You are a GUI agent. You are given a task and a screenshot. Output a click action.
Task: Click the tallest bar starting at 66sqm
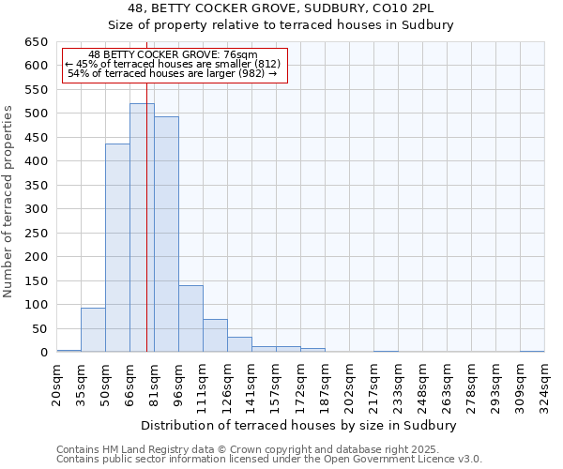[142, 228]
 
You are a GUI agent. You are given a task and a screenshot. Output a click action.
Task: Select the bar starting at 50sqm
[117, 249]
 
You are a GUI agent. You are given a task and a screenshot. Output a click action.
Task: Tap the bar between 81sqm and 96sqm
[166, 234]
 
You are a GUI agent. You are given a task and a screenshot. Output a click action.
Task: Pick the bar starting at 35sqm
[93, 330]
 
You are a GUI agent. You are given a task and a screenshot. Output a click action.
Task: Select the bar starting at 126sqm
[239, 344]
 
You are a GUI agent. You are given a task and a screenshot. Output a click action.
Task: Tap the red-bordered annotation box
[174, 65]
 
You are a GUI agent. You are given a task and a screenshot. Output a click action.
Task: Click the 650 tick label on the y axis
[36, 42]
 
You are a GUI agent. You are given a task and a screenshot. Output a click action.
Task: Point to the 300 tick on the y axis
[36, 209]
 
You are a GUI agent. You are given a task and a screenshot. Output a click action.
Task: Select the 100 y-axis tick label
[36, 305]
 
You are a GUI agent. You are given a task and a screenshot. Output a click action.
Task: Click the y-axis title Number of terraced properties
[9, 201]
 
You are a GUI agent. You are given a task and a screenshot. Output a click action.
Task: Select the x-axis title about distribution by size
[300, 425]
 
